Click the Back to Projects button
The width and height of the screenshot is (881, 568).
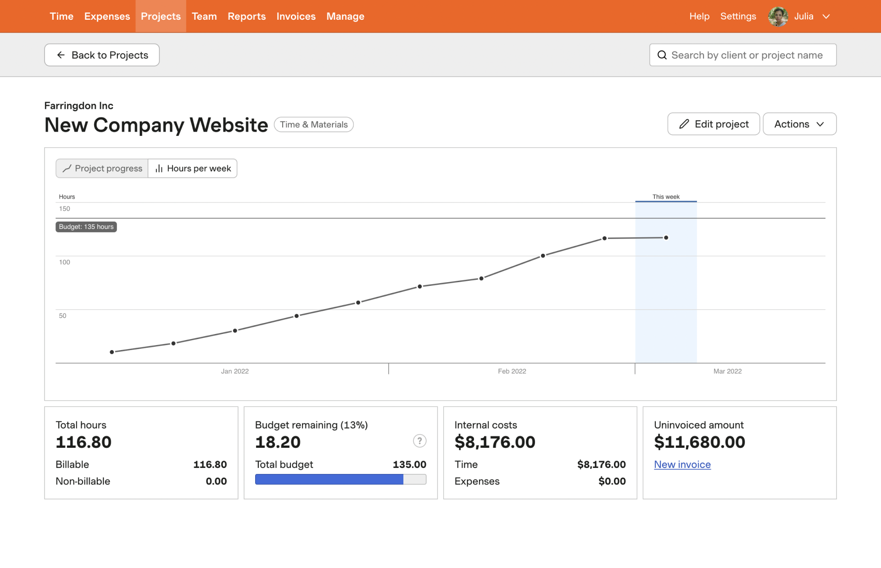102,55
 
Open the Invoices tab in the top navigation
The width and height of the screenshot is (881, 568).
296,17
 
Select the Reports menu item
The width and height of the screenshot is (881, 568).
246,17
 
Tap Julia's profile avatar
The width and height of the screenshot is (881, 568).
778,17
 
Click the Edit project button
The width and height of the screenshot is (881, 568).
714,124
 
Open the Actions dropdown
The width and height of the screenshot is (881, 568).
799,124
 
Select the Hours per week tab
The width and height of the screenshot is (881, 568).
193,168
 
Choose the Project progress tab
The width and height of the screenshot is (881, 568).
102,168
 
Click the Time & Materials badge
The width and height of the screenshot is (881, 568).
314,124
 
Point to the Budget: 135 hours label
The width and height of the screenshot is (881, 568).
86,227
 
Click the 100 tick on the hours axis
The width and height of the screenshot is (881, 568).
64,262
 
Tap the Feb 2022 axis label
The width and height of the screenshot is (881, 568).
512,371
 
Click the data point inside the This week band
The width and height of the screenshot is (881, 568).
666,238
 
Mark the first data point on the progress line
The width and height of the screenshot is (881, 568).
112,352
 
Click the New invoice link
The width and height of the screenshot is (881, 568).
682,464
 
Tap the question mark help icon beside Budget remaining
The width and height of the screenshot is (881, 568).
419,441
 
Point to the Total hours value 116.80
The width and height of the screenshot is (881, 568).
84,442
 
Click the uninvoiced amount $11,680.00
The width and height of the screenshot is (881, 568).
699,442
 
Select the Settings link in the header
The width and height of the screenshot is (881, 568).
738,17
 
